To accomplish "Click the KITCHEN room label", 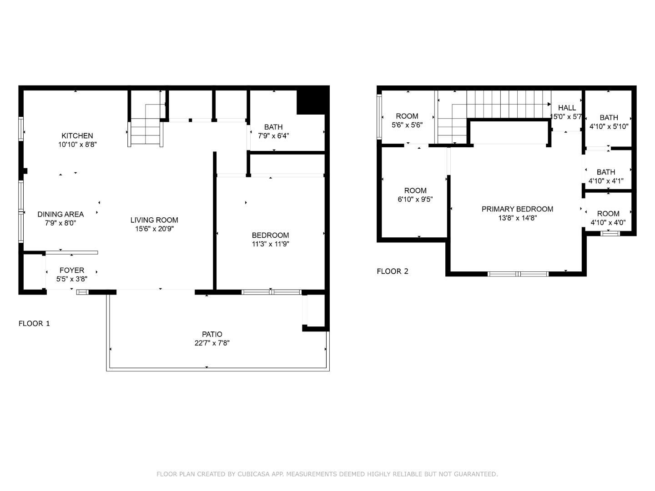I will [77, 135].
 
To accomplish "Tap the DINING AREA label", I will [60, 214].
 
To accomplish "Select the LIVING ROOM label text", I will [154, 220].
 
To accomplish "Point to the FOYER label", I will [72, 271].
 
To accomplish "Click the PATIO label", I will [212, 334].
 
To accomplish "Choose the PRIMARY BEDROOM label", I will [517, 209].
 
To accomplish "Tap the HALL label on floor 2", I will [567, 108].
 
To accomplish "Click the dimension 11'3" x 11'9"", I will [271, 244].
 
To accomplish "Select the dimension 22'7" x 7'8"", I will [212, 343].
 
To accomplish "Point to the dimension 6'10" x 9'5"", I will [415, 199].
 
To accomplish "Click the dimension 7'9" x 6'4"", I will [273, 135].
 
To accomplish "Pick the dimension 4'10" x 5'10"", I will [609, 126].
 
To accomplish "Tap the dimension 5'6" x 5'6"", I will [407, 125].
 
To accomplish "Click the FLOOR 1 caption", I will [34, 323].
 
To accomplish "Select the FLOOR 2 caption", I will [393, 271].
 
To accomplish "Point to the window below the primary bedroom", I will [518, 274].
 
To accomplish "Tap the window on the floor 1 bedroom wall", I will [271, 292].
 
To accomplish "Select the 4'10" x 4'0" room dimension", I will [608, 222].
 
